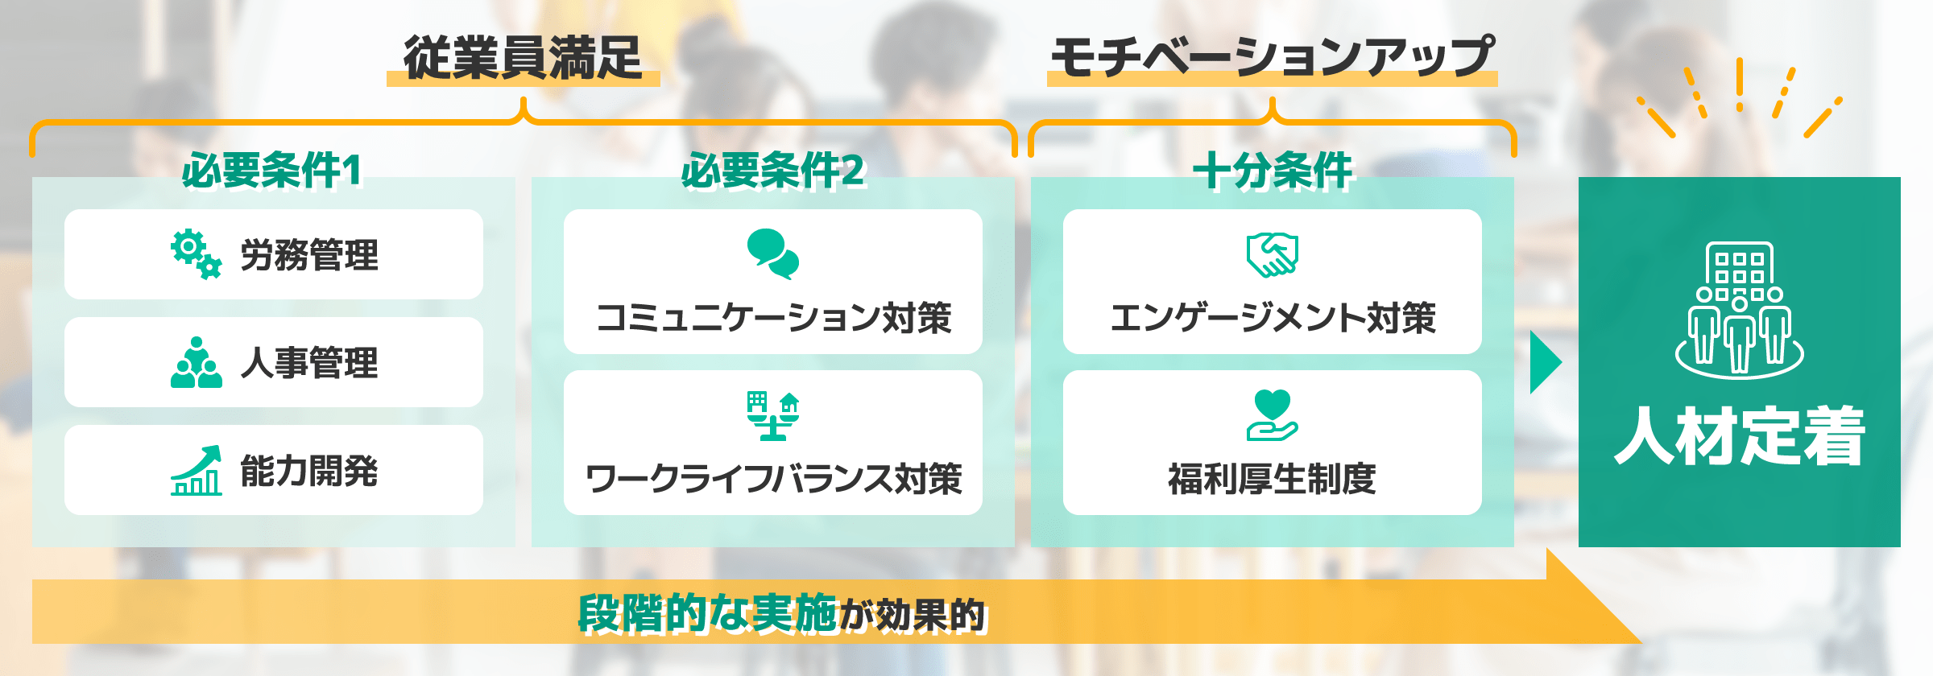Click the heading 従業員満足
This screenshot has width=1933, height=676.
click(x=523, y=58)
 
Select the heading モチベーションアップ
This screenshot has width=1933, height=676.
click(x=1272, y=58)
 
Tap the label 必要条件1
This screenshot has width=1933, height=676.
click(x=272, y=170)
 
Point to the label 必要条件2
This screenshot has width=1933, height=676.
click(x=772, y=170)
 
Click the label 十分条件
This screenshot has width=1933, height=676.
click(x=1273, y=170)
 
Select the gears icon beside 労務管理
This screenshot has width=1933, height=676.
click(x=196, y=254)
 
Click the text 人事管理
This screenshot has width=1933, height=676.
click(x=309, y=363)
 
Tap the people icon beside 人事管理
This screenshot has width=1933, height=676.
click(x=196, y=363)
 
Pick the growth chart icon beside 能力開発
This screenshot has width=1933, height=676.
click(x=196, y=471)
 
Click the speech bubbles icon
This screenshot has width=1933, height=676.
click(x=772, y=253)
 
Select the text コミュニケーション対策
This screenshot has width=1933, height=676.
click(x=773, y=318)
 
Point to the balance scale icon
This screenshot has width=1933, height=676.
click(x=772, y=416)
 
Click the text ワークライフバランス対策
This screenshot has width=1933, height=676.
click(x=773, y=479)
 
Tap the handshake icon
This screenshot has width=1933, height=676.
click(x=1272, y=255)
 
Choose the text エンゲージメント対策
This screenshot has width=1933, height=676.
click(x=1273, y=318)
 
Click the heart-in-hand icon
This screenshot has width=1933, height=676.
click(x=1272, y=415)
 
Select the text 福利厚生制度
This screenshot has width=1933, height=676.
click(x=1273, y=479)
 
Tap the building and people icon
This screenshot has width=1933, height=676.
click(x=1739, y=310)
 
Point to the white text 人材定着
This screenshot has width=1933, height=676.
click(x=1740, y=435)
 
